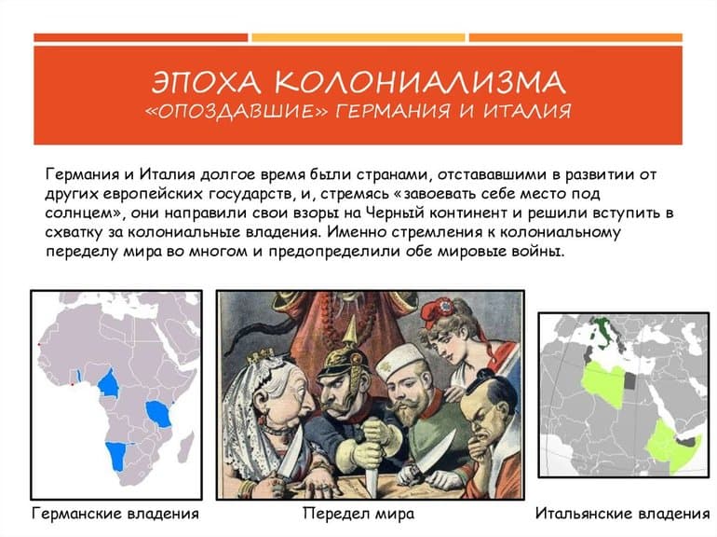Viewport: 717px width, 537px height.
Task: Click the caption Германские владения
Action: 115,514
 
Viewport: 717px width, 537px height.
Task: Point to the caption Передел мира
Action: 358,514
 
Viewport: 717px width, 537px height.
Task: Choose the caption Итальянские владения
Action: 623,514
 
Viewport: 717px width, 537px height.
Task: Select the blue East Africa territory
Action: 159,412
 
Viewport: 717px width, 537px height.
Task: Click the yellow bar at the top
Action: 358,38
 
